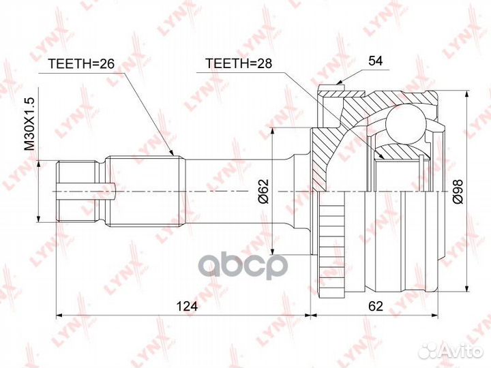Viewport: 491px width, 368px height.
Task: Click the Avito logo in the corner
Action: pyautogui.click(x=449, y=350)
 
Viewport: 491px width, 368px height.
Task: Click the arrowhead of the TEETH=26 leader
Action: pyautogui.click(x=176, y=156)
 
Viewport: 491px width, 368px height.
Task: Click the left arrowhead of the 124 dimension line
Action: pyautogui.click(x=59, y=315)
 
